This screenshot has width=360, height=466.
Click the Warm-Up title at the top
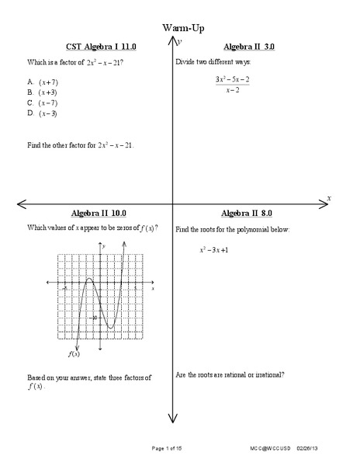179,28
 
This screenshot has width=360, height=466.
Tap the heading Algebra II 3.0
248,47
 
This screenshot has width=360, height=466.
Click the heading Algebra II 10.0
99,213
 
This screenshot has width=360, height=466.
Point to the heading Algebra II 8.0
247,213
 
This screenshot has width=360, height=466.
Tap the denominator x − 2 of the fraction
232,90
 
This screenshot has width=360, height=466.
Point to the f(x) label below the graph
74,354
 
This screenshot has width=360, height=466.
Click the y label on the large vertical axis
180,41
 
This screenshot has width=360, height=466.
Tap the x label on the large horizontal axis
329,199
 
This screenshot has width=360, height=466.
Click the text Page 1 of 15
167,450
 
